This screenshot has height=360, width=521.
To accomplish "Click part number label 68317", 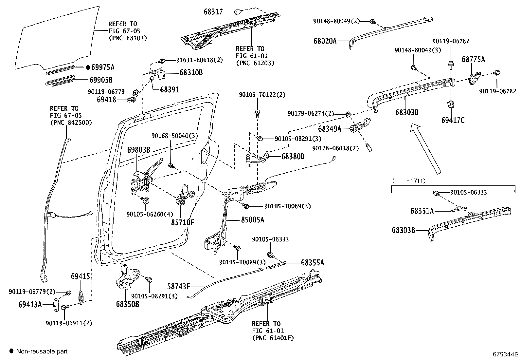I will point(213,12).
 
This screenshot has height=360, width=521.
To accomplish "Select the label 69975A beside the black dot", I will point(102,67).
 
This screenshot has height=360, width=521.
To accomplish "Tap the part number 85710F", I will point(182,222).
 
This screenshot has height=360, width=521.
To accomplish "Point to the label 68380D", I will point(293,157).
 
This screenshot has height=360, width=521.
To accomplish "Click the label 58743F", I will point(178,287).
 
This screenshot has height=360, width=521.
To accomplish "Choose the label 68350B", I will point(127,304).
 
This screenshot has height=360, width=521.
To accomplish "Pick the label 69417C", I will point(453,120).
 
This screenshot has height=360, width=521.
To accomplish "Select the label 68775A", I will point(473,59).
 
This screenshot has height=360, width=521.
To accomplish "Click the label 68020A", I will point(325,41).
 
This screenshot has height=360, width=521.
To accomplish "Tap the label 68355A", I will point(313,263).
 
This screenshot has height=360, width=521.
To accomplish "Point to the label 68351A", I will point(422,211).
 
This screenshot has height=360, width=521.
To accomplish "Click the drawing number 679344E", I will point(506,354).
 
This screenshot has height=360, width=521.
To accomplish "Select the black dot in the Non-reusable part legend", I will point(11,351).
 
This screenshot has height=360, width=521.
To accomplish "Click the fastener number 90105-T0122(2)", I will point(262,95).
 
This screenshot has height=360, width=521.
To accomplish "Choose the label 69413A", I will point(30,305).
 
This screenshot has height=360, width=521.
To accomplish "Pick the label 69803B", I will point(138,150).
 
